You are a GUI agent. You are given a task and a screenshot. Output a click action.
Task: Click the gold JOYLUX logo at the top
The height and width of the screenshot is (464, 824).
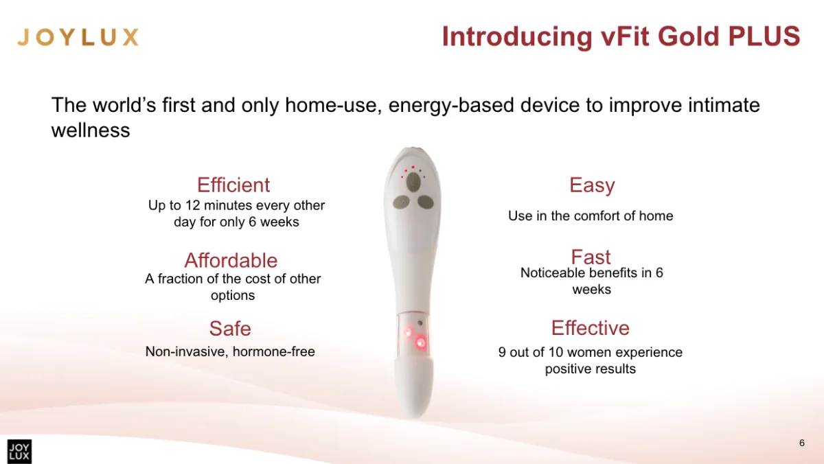tap(78, 37)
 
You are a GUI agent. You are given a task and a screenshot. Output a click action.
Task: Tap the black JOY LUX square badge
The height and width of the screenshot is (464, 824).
tap(19, 452)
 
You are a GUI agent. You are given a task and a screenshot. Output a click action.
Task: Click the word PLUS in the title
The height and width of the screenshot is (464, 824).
tap(764, 36)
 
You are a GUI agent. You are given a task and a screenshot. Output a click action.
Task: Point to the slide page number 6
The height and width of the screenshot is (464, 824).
tap(802, 443)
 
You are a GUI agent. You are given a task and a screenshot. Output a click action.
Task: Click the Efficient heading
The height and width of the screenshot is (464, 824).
tap(233, 185)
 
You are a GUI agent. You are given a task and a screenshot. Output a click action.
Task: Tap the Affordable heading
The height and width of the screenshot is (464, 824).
tap(231, 260)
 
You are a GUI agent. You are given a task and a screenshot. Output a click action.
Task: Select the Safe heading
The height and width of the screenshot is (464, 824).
tap(230, 328)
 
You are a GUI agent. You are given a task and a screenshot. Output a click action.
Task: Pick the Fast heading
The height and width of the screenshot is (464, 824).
tap(591, 257)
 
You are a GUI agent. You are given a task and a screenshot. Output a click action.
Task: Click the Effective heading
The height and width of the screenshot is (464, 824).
tap(591, 327)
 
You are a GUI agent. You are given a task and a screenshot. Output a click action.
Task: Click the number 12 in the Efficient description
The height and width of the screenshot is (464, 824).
tap(192, 205)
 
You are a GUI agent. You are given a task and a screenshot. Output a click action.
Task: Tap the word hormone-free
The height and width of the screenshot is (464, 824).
tap(274, 351)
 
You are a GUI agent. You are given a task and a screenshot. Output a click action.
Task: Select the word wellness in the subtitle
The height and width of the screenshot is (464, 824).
tap(91, 130)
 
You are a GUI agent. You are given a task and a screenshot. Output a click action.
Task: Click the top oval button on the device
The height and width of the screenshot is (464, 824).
tap(413, 182)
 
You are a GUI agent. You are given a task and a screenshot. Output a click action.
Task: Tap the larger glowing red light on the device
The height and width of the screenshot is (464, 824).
tap(421, 343)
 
